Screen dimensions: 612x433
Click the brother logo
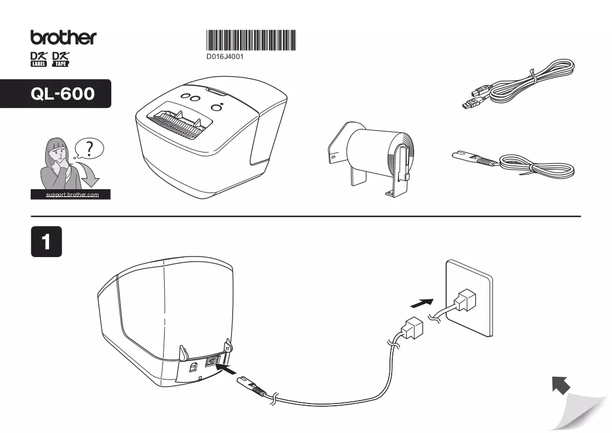coord(63,37)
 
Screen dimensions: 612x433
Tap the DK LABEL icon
coord(38,59)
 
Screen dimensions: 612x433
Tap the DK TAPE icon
coord(61,59)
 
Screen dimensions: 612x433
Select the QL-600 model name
coord(62,94)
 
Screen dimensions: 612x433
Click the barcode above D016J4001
coord(251,40)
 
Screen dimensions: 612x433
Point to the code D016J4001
coord(225,57)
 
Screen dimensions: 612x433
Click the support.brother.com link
coord(72,194)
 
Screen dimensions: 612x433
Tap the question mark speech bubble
coord(90,149)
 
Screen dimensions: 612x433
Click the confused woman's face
coord(58,152)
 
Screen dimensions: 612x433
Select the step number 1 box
coord(46,242)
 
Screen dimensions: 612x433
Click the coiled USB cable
coord(519,83)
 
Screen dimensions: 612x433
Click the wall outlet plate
coord(469,298)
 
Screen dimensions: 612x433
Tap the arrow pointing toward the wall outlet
coord(422,303)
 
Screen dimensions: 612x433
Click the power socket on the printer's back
coord(211,361)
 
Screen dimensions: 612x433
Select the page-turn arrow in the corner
coord(561,385)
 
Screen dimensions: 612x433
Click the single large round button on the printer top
coord(216,108)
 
